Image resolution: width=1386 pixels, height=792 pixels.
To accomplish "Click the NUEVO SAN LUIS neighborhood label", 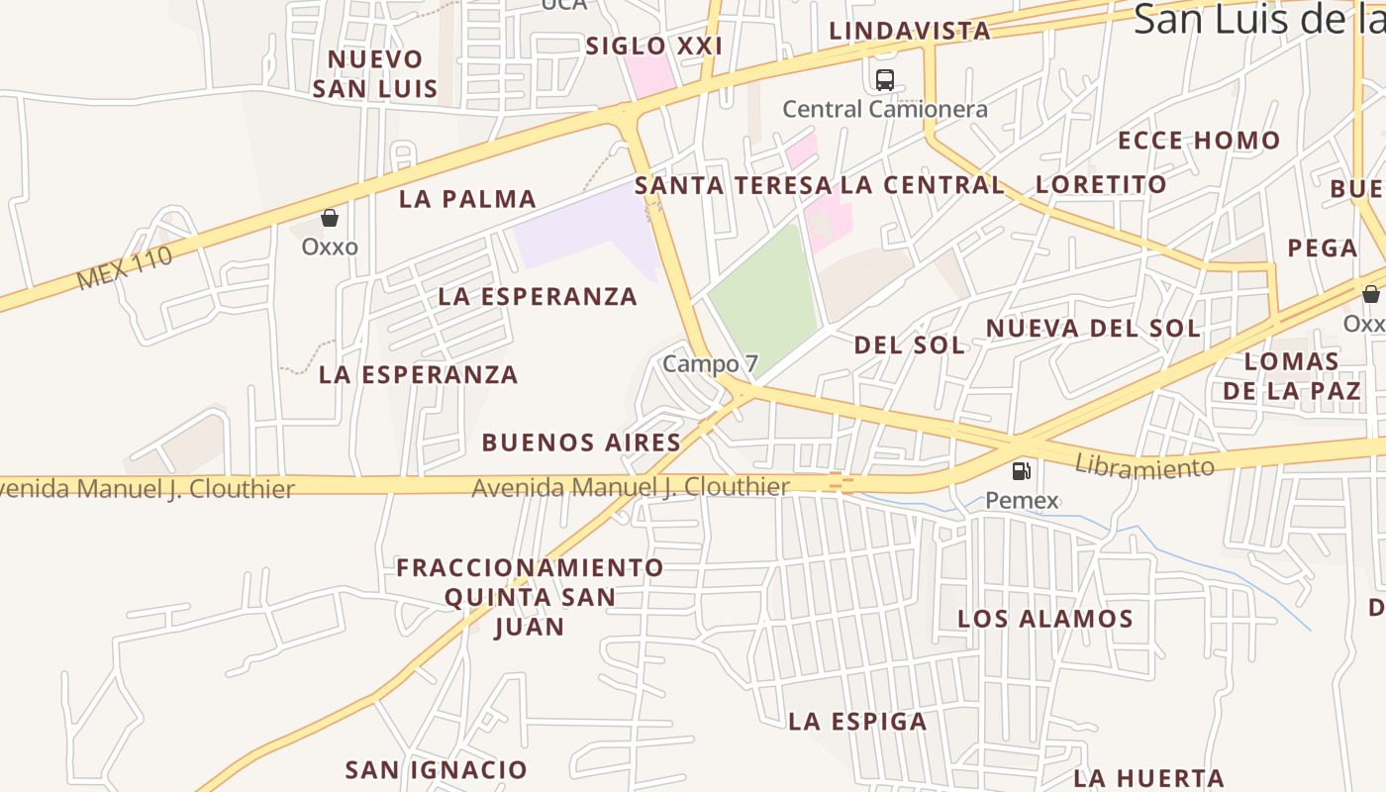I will click(375, 74).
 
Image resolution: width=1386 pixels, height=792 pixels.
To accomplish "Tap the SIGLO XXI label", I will click(653, 46).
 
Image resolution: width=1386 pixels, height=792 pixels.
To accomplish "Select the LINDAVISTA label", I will click(910, 31).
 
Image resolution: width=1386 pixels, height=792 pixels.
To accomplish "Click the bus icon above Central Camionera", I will click(885, 80).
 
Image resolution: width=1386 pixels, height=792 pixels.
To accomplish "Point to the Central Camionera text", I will click(885, 109).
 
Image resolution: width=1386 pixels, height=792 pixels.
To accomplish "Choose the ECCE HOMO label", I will click(1199, 141).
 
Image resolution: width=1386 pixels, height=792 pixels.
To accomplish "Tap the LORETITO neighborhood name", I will click(1101, 184).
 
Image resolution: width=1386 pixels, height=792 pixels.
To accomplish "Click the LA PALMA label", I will click(467, 199).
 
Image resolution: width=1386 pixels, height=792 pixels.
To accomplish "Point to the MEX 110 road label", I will click(125, 268).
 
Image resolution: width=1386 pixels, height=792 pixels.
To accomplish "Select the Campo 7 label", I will click(701, 363).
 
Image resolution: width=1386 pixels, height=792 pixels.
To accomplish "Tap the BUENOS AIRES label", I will click(581, 443).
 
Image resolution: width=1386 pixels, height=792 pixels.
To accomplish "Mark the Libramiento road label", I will click(1143, 466).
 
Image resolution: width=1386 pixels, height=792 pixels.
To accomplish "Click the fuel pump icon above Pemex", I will click(1022, 471).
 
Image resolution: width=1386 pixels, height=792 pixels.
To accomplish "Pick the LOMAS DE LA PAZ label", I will click(1291, 375).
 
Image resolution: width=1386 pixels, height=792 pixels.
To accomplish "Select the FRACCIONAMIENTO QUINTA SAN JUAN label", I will click(530, 597).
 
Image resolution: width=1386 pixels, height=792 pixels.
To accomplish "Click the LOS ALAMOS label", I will click(1044, 620).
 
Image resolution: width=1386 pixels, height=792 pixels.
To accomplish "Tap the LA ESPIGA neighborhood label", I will click(857, 722).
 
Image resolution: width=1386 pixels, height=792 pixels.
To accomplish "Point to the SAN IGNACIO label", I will click(436, 769).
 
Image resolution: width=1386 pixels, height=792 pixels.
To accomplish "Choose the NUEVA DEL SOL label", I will click(1093, 328).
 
